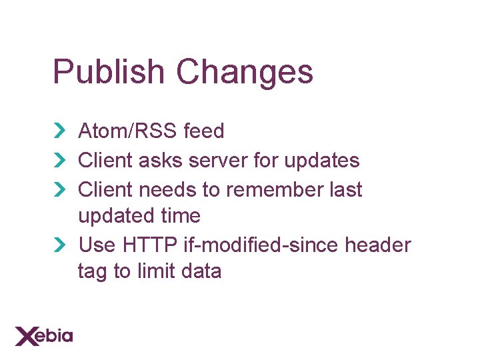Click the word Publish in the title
(x=108, y=72)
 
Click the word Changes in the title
(x=244, y=72)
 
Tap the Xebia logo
(x=44, y=335)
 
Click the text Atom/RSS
(x=127, y=131)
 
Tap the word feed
(x=203, y=131)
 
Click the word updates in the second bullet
(x=321, y=161)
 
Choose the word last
(x=346, y=190)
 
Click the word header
(x=378, y=245)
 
